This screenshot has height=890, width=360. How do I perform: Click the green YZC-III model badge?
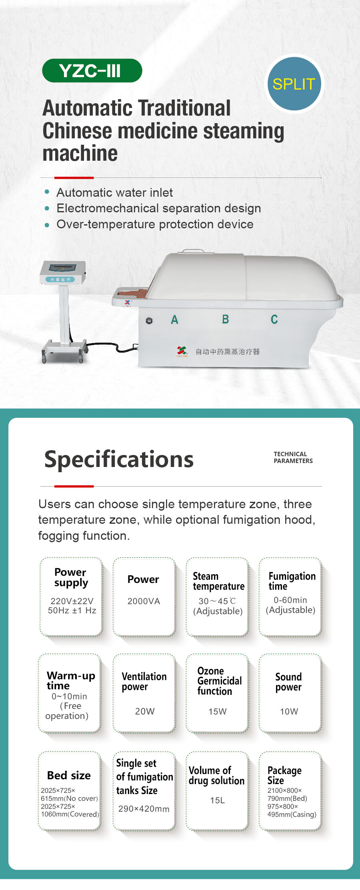[92, 71]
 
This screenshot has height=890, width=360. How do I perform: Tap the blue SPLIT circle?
[294, 84]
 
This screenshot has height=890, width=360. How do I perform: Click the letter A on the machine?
[174, 319]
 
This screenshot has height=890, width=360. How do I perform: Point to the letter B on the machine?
[226, 319]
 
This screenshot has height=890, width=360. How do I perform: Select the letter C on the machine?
[274, 319]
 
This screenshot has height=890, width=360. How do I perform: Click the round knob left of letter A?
[149, 321]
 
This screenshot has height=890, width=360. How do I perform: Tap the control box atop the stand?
[63, 272]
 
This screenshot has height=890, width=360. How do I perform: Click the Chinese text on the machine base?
[228, 351]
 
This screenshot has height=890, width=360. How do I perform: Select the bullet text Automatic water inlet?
[115, 193]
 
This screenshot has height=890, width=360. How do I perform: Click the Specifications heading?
[119, 459]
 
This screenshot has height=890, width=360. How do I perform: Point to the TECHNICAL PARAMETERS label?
[293, 457]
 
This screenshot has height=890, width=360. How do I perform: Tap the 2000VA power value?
[144, 601]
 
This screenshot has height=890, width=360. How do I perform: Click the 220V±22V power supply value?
[72, 601]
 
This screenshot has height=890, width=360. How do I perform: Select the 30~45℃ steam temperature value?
[217, 601]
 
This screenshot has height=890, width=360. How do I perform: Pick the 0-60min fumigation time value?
[290, 600]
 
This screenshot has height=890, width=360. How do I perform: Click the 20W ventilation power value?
[145, 711]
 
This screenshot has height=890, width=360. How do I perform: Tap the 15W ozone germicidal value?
[218, 711]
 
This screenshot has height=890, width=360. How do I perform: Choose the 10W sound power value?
[289, 711]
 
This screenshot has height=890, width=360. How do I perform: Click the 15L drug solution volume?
[218, 800]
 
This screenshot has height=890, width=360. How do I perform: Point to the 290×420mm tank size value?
[144, 809]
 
